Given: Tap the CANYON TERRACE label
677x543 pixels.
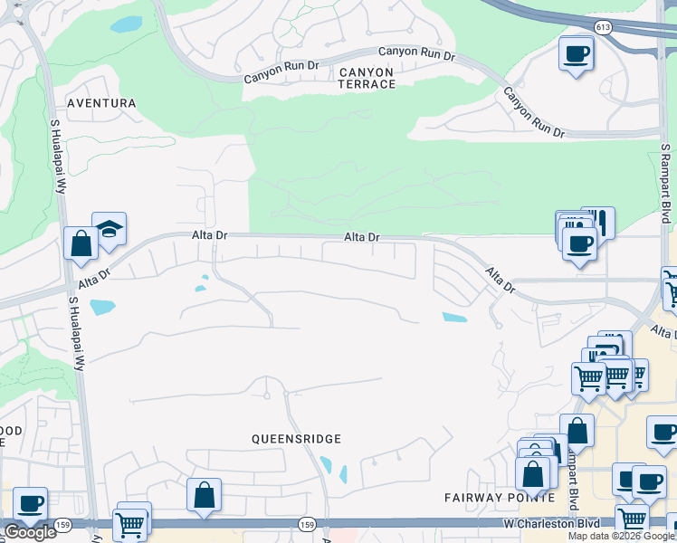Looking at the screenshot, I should click(x=367, y=78).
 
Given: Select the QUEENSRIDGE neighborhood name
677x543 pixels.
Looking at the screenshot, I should click(x=296, y=439).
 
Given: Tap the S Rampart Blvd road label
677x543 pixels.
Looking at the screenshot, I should click(x=665, y=183).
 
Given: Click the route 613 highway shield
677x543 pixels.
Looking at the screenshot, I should click(x=603, y=27).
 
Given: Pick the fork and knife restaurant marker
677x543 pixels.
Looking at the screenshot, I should click(x=598, y=221).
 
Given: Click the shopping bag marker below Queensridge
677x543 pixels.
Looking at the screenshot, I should click(x=204, y=495).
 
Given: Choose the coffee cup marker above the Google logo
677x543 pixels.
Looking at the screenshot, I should click(x=30, y=503).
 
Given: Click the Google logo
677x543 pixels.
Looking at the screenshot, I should click(x=30, y=532).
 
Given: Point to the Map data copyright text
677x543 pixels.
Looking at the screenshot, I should click(x=621, y=536).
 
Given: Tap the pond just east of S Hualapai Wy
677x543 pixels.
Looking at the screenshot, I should click(x=102, y=307).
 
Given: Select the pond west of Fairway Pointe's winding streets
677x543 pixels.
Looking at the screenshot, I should click(x=454, y=318).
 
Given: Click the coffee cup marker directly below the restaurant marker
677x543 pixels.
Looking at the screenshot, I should click(x=579, y=242).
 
